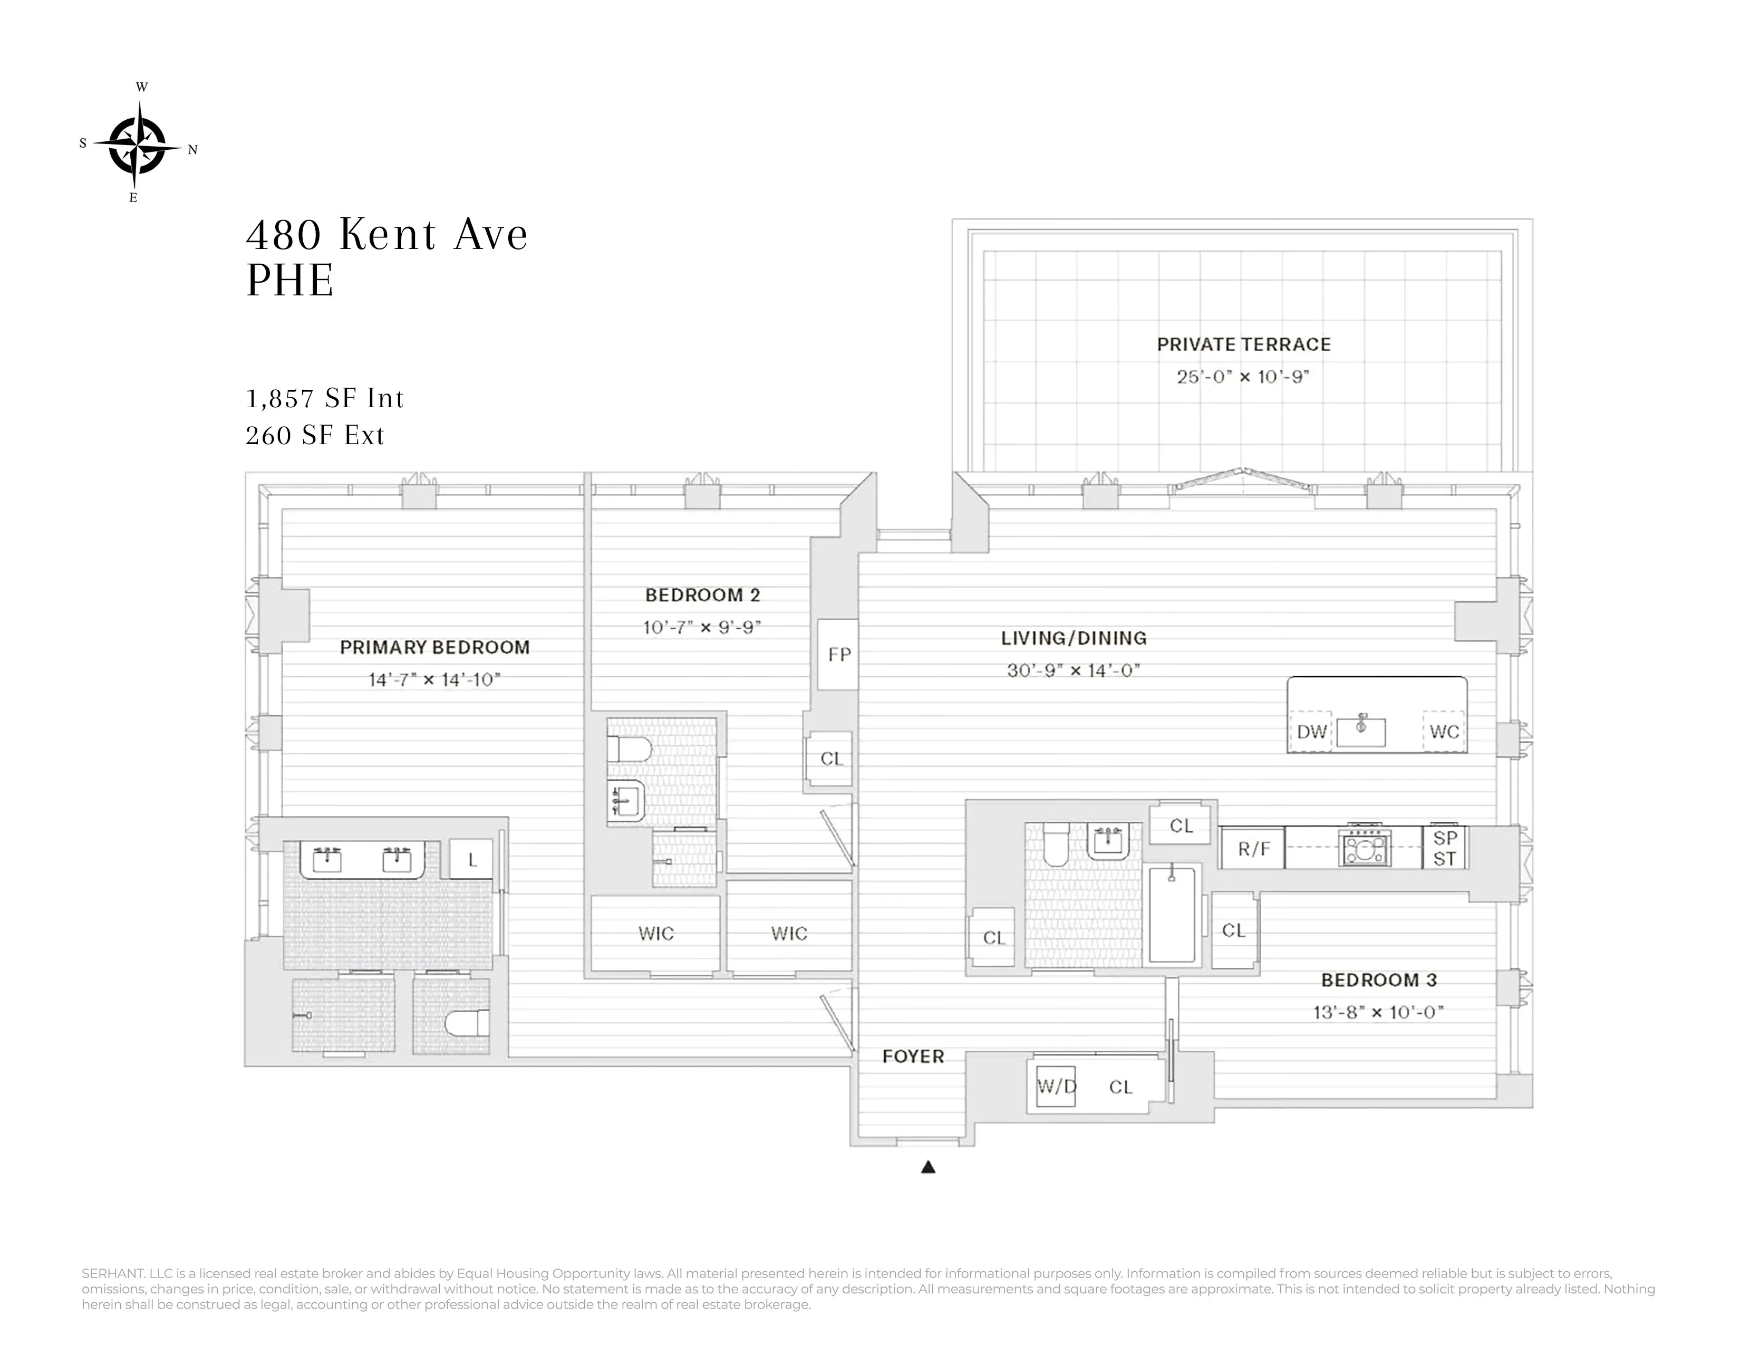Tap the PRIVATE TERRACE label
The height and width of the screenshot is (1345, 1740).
[x=1244, y=345]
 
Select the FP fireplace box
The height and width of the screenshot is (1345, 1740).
[x=838, y=654]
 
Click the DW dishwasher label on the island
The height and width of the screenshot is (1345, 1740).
[x=1311, y=732]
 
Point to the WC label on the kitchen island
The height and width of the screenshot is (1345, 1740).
[x=1444, y=732]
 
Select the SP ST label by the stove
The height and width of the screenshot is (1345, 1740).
[x=1444, y=848]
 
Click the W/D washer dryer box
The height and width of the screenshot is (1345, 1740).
[x=1056, y=1087]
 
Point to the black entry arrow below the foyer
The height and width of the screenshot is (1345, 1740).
[x=928, y=1167]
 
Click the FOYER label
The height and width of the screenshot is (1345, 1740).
[x=913, y=1056]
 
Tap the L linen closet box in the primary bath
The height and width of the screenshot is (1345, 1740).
[x=472, y=860]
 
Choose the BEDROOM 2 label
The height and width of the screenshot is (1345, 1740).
[x=702, y=595]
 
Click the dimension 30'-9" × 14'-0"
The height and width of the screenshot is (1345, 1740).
[x=1073, y=670]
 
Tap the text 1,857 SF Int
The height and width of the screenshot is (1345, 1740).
[x=325, y=398]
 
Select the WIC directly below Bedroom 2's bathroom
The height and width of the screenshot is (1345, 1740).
[x=656, y=933]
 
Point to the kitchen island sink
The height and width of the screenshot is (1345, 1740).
[x=1361, y=730]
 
